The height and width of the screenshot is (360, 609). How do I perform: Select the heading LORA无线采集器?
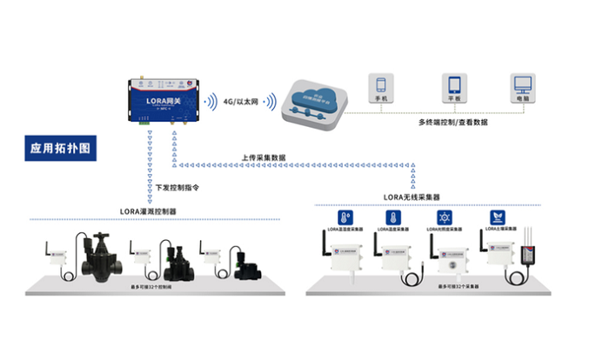coord(416,197)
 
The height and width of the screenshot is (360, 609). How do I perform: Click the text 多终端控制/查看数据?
coord(452,123)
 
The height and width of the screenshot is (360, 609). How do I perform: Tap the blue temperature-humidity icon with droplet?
coord(345,217)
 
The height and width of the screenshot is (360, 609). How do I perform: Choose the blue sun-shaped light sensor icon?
coord(445,217)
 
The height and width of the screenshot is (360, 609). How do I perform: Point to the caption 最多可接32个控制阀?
coord(160,284)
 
